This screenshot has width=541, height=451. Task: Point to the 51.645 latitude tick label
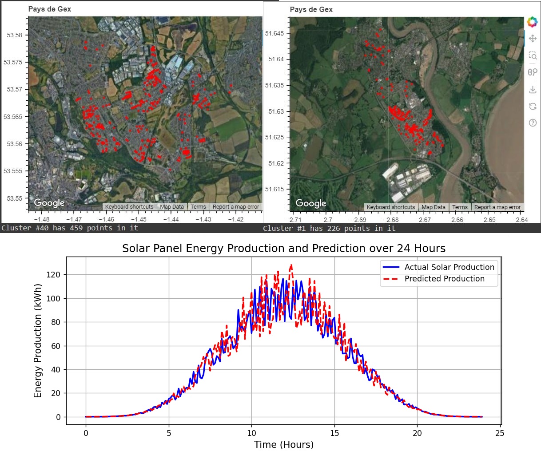click(274, 33)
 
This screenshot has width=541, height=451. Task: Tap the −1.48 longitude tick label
click(42, 219)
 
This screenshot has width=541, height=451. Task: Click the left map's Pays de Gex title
click(49, 9)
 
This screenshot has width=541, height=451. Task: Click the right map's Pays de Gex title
click(311, 9)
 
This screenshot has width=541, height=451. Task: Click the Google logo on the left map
click(49, 203)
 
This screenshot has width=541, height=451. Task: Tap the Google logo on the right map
click(311, 203)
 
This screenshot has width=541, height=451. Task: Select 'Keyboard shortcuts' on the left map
click(129, 207)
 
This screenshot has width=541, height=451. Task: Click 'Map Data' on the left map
click(172, 207)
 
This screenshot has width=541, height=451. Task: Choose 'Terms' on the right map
click(460, 207)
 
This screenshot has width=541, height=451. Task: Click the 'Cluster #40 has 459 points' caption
click(70, 228)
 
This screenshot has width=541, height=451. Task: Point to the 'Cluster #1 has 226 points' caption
click(329, 228)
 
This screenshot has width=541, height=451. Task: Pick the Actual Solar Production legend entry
click(449, 267)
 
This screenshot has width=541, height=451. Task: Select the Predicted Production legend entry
click(444, 279)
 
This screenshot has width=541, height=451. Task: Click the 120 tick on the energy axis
click(55, 275)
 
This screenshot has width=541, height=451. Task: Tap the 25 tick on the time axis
click(500, 433)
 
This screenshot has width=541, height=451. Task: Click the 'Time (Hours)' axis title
click(283, 444)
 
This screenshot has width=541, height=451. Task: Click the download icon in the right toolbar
click(533, 90)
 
